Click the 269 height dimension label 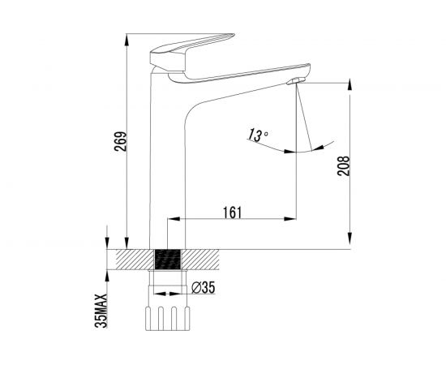tap(120, 141)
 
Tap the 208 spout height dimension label tap(343, 165)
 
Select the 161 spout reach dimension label tap(232, 213)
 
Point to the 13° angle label tap(257, 135)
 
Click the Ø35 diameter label tap(204, 288)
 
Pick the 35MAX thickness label tap(101, 311)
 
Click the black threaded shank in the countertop tap(167, 260)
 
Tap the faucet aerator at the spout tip tap(296, 81)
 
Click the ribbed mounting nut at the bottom tap(168, 319)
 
